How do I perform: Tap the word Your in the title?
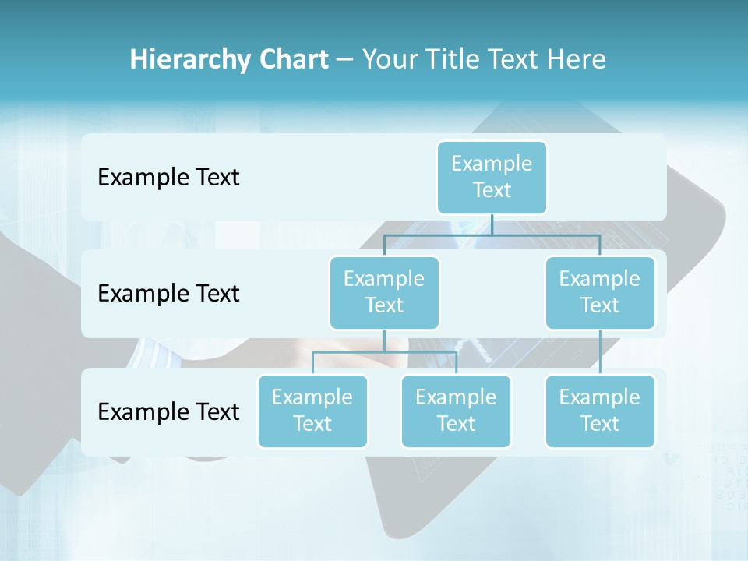point(390,60)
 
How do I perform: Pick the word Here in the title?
point(576,60)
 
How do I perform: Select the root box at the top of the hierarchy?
point(492,177)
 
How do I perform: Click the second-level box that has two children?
point(384,292)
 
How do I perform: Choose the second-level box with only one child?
point(600,292)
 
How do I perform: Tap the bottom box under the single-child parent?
point(600,411)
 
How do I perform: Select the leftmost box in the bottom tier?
point(312,411)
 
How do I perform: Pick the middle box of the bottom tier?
point(456,411)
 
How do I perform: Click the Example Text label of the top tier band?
point(168,178)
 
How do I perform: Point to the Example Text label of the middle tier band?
point(168,294)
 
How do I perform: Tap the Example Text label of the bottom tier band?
point(168,411)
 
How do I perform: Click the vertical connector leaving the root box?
point(492,224)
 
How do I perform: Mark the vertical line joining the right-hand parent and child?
point(600,351)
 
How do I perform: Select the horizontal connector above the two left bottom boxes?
point(384,352)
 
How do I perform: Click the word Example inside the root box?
point(492,164)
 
